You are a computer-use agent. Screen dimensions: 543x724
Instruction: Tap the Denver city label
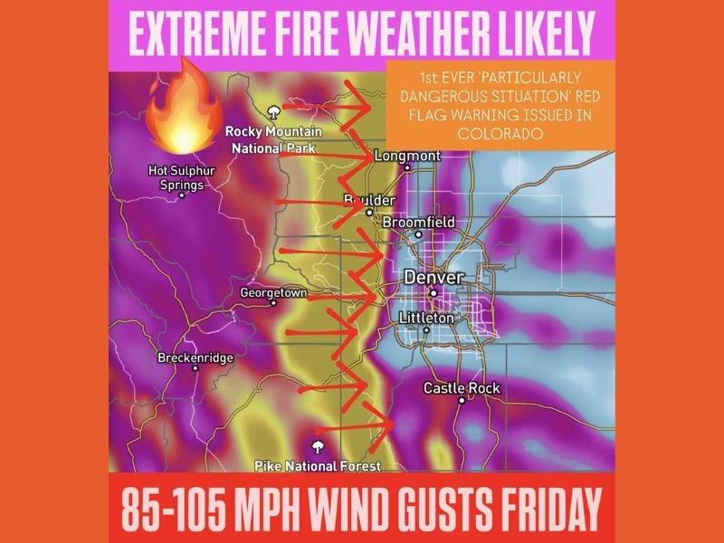coord(433,277)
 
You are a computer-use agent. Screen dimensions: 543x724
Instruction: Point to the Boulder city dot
coord(369,214)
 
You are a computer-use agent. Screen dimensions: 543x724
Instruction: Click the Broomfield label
coord(419,222)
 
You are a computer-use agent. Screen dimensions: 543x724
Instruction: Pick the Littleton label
coord(427,318)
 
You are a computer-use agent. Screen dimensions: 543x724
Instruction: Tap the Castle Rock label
coord(462,388)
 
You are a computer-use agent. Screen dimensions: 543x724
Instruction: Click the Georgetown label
coord(273,292)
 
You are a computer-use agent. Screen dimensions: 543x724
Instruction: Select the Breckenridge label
coord(195,357)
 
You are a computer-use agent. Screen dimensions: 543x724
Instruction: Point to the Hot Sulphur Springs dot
coord(181,195)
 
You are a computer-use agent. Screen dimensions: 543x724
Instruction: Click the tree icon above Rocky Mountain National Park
coord(272,112)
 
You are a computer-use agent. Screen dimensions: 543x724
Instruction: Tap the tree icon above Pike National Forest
coord(317,447)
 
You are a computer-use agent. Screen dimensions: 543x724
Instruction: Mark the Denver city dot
coord(433,292)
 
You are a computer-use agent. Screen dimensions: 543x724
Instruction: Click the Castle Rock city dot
coord(462,399)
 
